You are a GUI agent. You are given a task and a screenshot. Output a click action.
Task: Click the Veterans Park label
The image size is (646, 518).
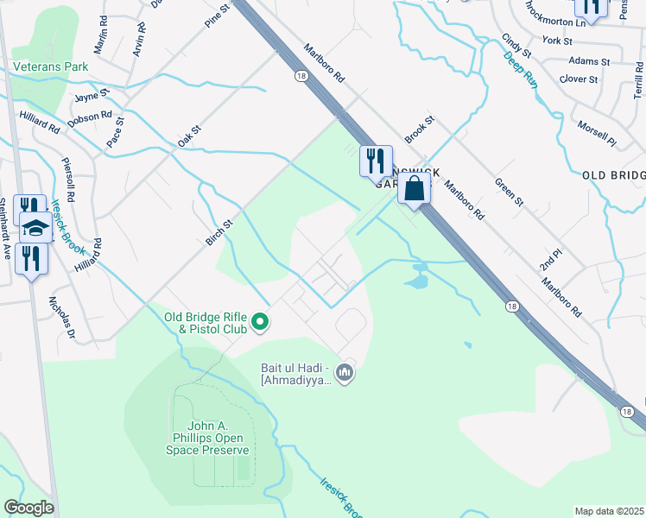(x=50, y=66)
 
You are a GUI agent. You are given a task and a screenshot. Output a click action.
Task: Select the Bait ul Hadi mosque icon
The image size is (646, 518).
(x=345, y=373)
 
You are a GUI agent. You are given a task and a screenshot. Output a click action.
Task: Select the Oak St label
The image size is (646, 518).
(x=189, y=134)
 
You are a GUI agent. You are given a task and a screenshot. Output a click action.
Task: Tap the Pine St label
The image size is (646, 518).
(x=218, y=16)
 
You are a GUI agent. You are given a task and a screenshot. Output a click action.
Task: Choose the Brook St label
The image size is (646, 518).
(x=419, y=130)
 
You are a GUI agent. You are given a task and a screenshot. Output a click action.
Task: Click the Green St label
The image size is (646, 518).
(x=509, y=191)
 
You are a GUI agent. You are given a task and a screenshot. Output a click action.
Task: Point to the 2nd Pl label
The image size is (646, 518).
(x=551, y=260)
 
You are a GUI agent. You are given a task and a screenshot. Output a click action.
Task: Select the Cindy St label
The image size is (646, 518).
(x=516, y=45)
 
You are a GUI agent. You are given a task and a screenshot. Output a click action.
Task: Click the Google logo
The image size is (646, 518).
(x=28, y=508)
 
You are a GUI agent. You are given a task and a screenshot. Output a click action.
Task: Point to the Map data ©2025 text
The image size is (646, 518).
(x=609, y=511)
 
